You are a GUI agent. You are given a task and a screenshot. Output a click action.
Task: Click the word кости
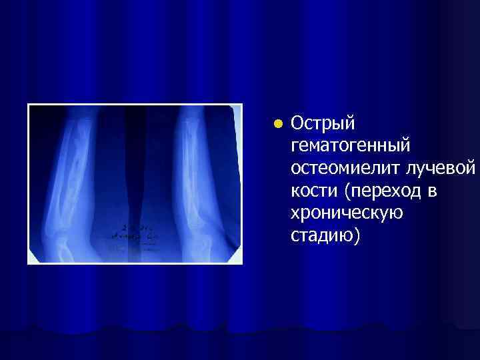[311, 191]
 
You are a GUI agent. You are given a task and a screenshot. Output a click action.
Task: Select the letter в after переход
[431, 192]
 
